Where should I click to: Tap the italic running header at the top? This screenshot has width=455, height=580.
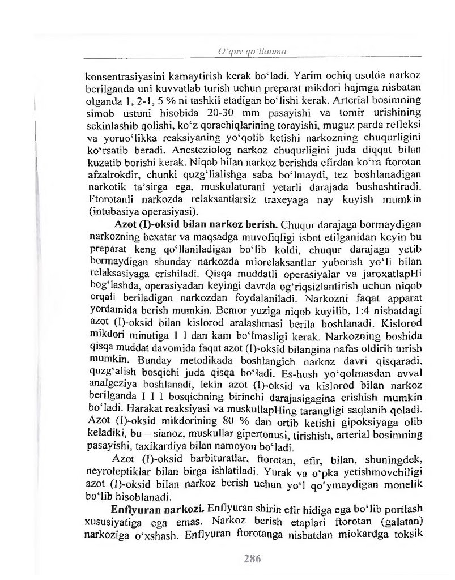pyautogui.click(x=251, y=52)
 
